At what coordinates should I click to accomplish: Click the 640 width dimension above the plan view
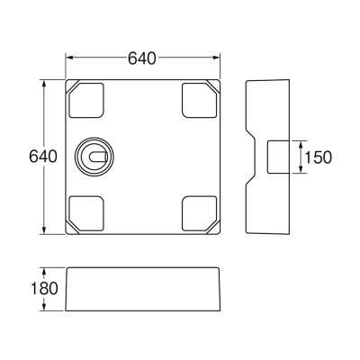point(144,58)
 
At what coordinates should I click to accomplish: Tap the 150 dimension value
point(319,157)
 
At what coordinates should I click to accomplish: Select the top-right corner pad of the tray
point(198,100)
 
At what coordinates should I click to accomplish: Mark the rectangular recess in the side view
point(279,157)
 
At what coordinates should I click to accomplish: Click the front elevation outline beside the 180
point(144,289)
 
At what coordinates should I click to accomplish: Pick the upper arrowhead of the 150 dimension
point(301,142)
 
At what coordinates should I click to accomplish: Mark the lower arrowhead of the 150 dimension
point(301,171)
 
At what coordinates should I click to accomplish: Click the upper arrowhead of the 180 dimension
point(45,271)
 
